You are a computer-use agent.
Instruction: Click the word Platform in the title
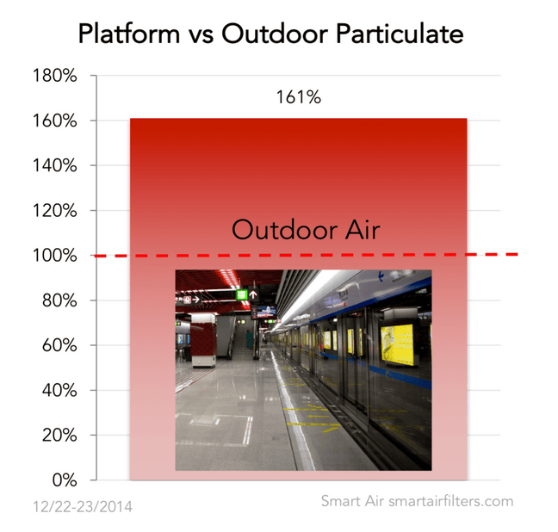tap(129, 34)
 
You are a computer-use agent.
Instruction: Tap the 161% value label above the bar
tap(299, 96)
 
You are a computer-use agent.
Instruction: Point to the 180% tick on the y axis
tap(55, 76)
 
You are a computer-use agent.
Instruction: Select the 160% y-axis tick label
tap(55, 121)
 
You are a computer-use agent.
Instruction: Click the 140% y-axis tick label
tap(55, 165)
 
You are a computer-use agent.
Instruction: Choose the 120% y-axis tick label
tap(55, 210)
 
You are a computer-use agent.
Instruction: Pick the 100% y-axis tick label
tap(55, 255)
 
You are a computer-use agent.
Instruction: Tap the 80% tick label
tap(59, 300)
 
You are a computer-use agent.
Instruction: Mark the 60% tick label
tap(59, 345)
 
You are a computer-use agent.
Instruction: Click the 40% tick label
tap(59, 390)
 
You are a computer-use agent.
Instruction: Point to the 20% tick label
tap(59, 436)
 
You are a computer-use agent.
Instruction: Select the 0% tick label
tap(65, 480)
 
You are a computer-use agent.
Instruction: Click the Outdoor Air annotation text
tap(306, 230)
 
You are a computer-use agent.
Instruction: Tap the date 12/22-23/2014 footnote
tap(83, 507)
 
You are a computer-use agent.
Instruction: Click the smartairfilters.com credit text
tap(451, 501)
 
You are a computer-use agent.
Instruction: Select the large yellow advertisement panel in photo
tap(397, 344)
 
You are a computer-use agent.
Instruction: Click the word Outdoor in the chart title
tap(275, 34)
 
